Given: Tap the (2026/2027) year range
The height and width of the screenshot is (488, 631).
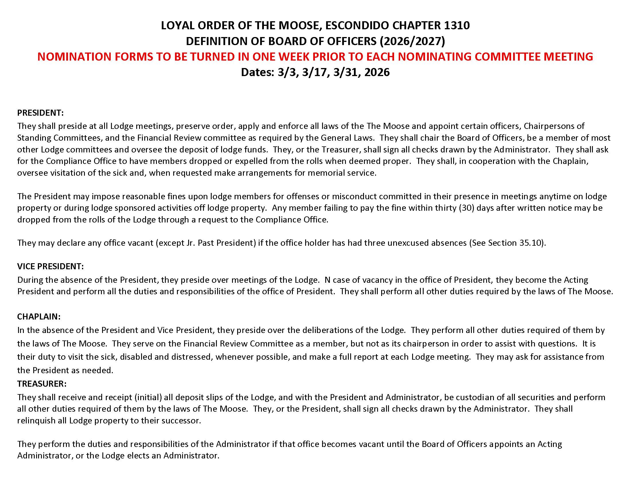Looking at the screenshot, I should coord(412,41).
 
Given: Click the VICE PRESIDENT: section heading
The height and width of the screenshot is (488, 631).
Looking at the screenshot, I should coord(50,266).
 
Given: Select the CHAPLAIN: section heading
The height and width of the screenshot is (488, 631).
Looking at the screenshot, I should coord(39,317).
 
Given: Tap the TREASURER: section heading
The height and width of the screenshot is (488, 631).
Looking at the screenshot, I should coord(42,384).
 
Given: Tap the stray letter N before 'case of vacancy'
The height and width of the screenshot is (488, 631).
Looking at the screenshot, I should coord(327,280).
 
